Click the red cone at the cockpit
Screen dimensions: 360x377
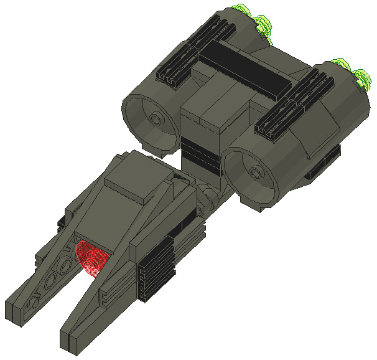(x=91, y=258)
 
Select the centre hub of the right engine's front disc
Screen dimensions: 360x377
(x=254, y=171)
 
